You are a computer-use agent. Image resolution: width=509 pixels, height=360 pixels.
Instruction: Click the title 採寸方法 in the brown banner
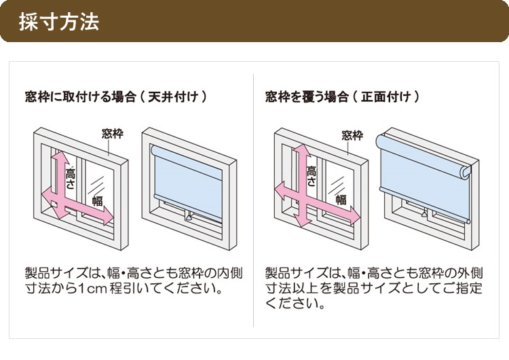pos(59,22)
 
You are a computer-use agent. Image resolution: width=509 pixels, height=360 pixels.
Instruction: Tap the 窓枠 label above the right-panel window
pos(352,135)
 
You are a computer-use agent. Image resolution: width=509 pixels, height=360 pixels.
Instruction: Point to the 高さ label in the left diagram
pos(70,180)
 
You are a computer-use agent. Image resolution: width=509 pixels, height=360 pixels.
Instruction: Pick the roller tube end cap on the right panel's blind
pos(465,173)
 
